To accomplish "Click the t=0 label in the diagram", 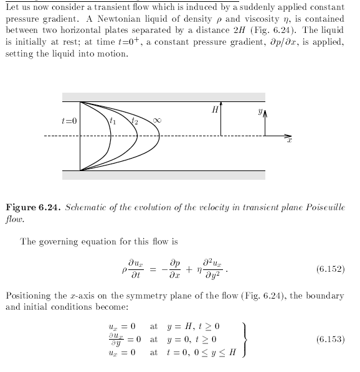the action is (69, 120).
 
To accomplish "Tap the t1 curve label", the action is (111, 119).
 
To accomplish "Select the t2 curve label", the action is (134, 121).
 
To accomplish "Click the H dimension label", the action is (214, 109).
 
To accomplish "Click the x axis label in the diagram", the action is (290, 142).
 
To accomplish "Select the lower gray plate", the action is (164, 175).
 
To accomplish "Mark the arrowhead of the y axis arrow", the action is (265, 115).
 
